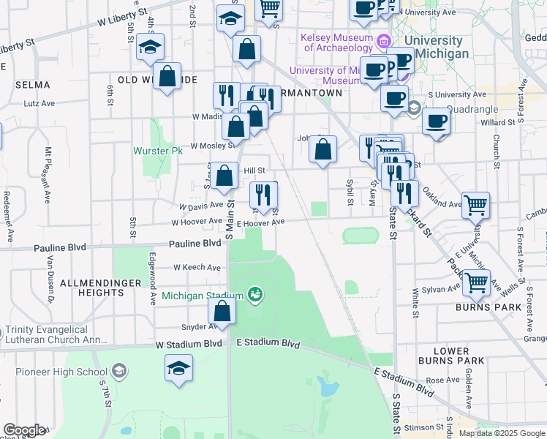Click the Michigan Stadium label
point(202,296)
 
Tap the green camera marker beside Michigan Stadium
point(255,295)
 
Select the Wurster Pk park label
point(157,151)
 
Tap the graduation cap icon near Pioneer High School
point(178,369)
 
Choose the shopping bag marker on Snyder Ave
point(222,312)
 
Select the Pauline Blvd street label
point(195,242)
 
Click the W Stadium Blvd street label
point(188,344)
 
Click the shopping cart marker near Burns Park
point(477,283)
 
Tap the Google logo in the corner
point(24,430)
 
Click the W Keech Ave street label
point(197,268)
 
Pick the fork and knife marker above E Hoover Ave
point(263,195)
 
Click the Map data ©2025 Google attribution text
point(502,433)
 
